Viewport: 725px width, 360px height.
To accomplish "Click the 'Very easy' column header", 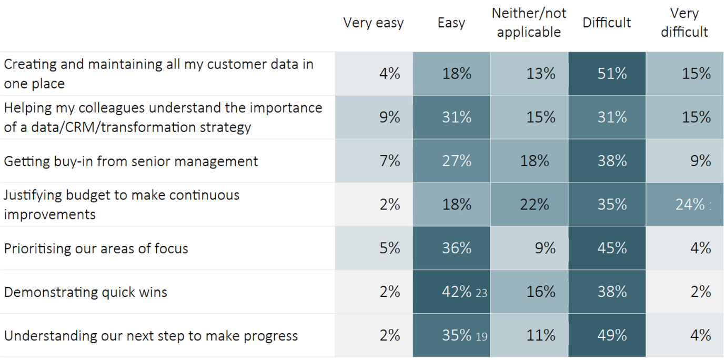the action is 373,23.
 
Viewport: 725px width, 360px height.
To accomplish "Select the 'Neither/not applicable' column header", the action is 529,23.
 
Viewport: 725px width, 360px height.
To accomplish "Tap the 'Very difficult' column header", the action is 684,23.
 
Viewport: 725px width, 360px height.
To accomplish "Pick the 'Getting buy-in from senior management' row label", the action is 131,161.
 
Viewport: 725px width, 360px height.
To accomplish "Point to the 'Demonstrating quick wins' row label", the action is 85,292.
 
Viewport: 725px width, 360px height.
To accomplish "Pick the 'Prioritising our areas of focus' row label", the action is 96,248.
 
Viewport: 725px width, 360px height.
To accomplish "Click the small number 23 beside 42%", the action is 481,293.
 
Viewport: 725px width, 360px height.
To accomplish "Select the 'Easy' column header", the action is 451,23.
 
